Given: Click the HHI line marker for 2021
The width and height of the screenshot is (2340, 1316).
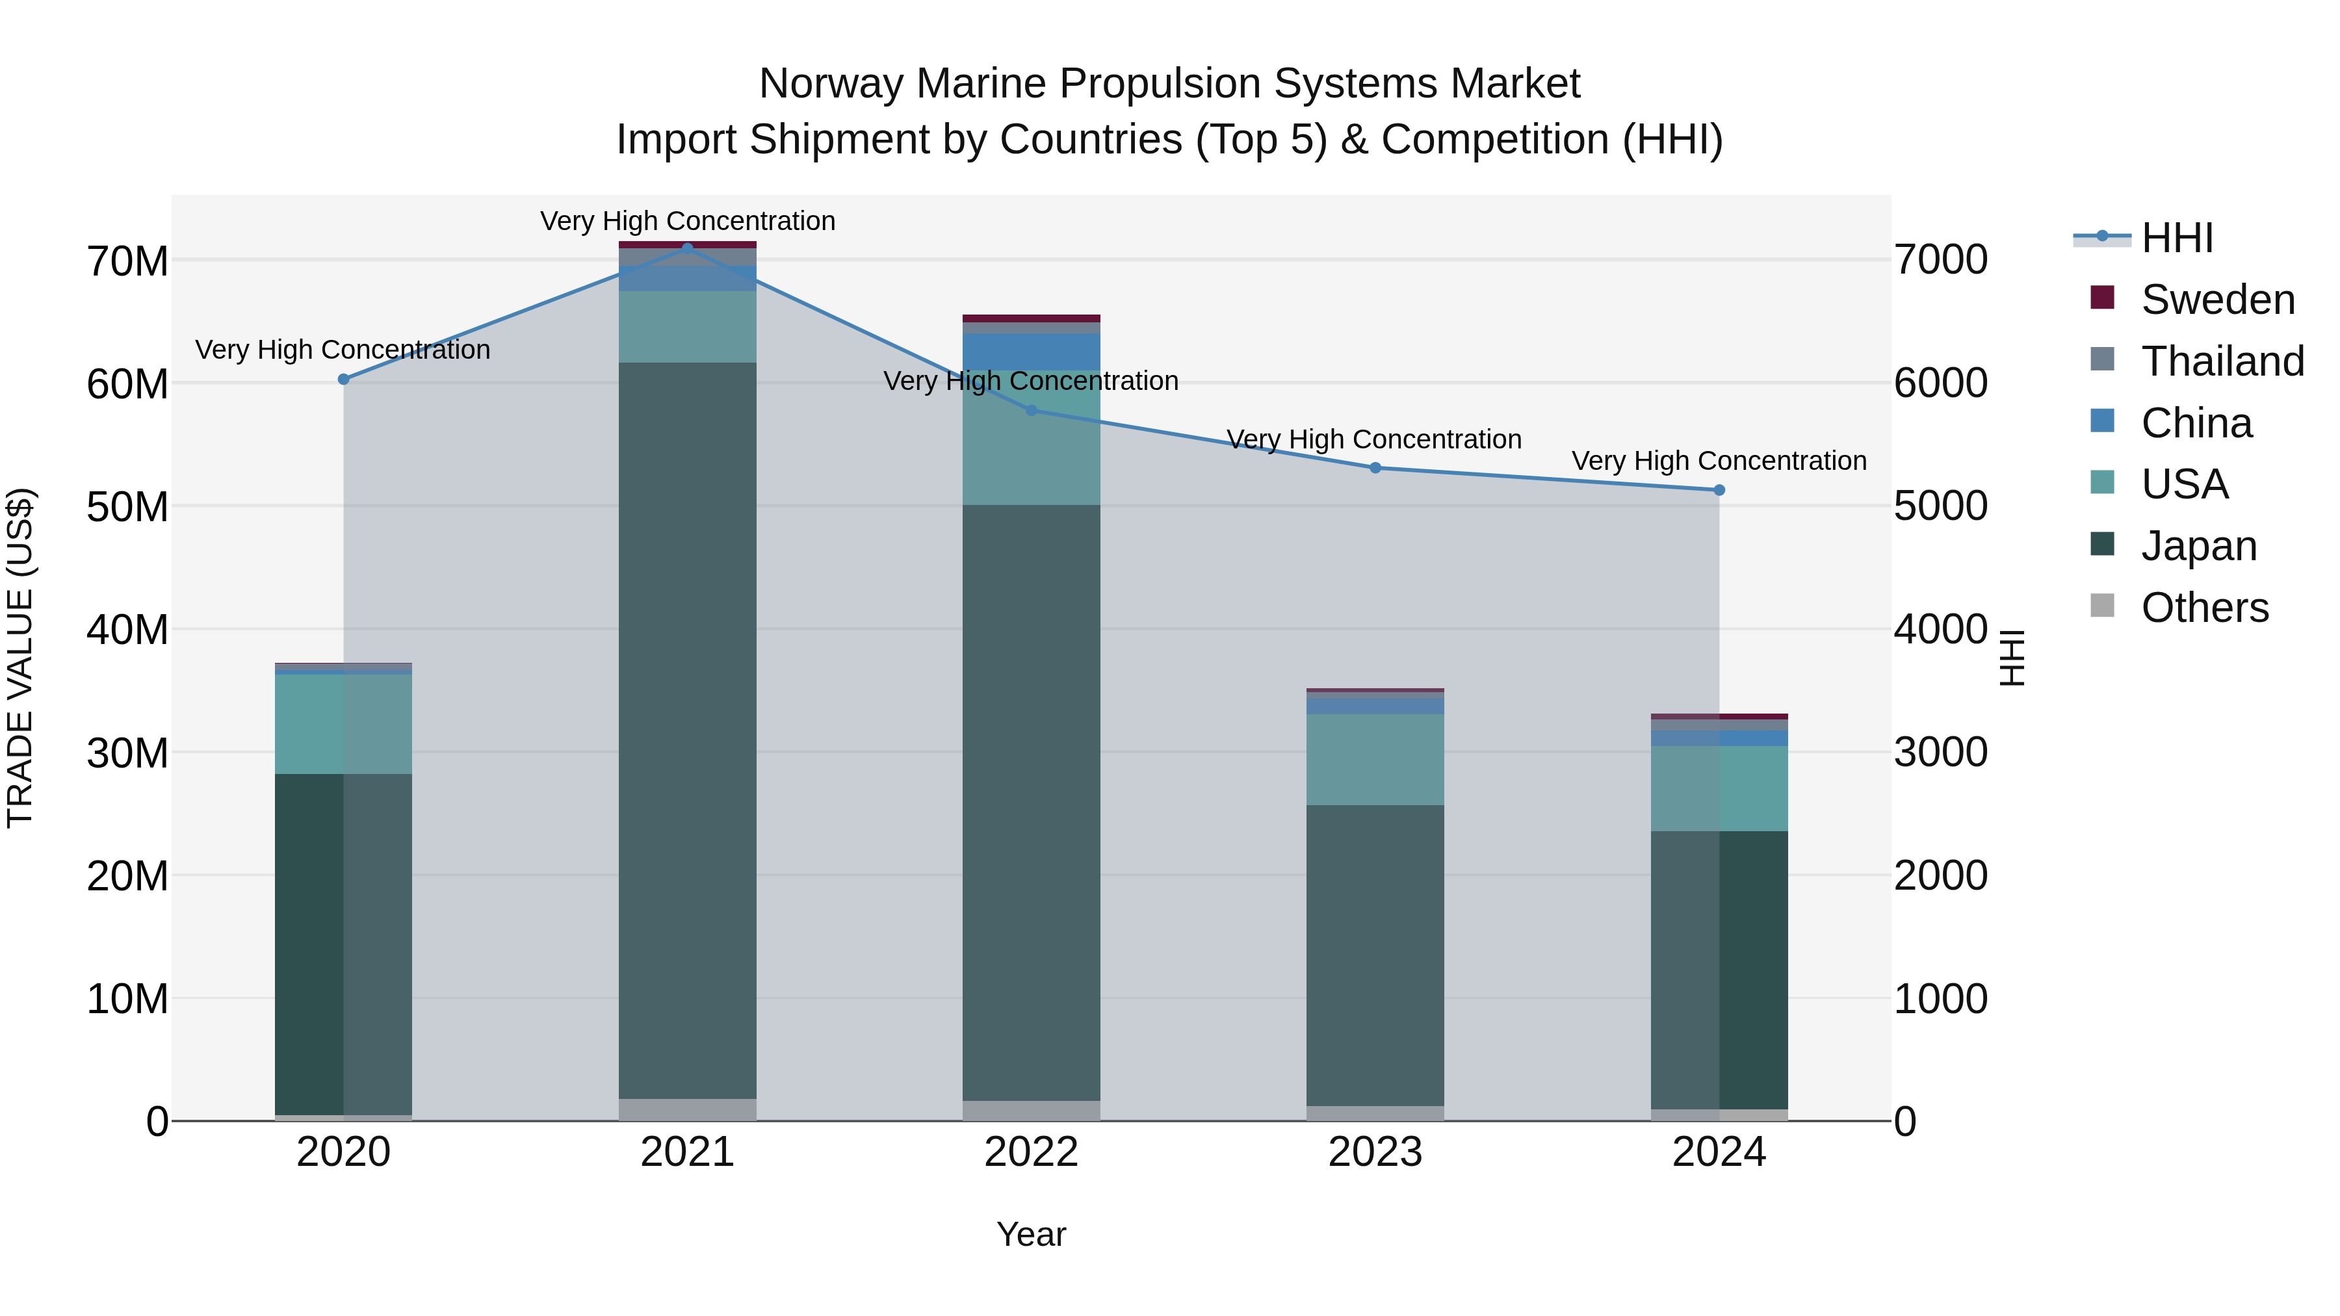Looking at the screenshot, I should pyautogui.click(x=687, y=248).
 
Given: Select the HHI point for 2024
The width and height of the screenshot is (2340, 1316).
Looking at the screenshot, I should pyautogui.click(x=1719, y=491).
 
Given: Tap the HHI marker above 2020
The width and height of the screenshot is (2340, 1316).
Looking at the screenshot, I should pyautogui.click(x=343, y=380).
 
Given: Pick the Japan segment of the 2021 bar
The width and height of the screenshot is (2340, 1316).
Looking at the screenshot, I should pyautogui.click(x=687, y=727).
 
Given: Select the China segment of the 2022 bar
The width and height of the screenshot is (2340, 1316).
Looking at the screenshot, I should pyautogui.click(x=1031, y=352).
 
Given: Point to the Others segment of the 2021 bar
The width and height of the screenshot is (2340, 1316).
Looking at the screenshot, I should pyautogui.click(x=687, y=1110).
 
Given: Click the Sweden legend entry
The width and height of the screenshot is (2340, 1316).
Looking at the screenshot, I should pyautogui.click(x=2216, y=300).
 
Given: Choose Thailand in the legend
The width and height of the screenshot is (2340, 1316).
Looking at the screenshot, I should pyautogui.click(x=2221, y=361).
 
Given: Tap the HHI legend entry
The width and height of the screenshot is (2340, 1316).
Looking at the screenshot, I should pyautogui.click(x=2176, y=238).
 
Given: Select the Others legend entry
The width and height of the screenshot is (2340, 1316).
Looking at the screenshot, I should pyautogui.click(x=2203, y=608).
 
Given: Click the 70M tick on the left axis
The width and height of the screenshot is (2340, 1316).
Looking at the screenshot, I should pyautogui.click(x=127, y=261).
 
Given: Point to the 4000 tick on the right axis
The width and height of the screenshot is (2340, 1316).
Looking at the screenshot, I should pyautogui.click(x=1940, y=629).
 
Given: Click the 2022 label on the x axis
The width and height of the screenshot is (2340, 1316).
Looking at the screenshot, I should pyautogui.click(x=1031, y=1152).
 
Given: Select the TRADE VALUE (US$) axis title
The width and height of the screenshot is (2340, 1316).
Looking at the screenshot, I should pyautogui.click(x=20, y=658).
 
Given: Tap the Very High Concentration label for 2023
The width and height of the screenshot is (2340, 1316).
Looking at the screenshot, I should pyautogui.click(x=1373, y=439).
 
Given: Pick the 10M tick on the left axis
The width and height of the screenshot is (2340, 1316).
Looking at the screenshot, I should pyautogui.click(x=127, y=999).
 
